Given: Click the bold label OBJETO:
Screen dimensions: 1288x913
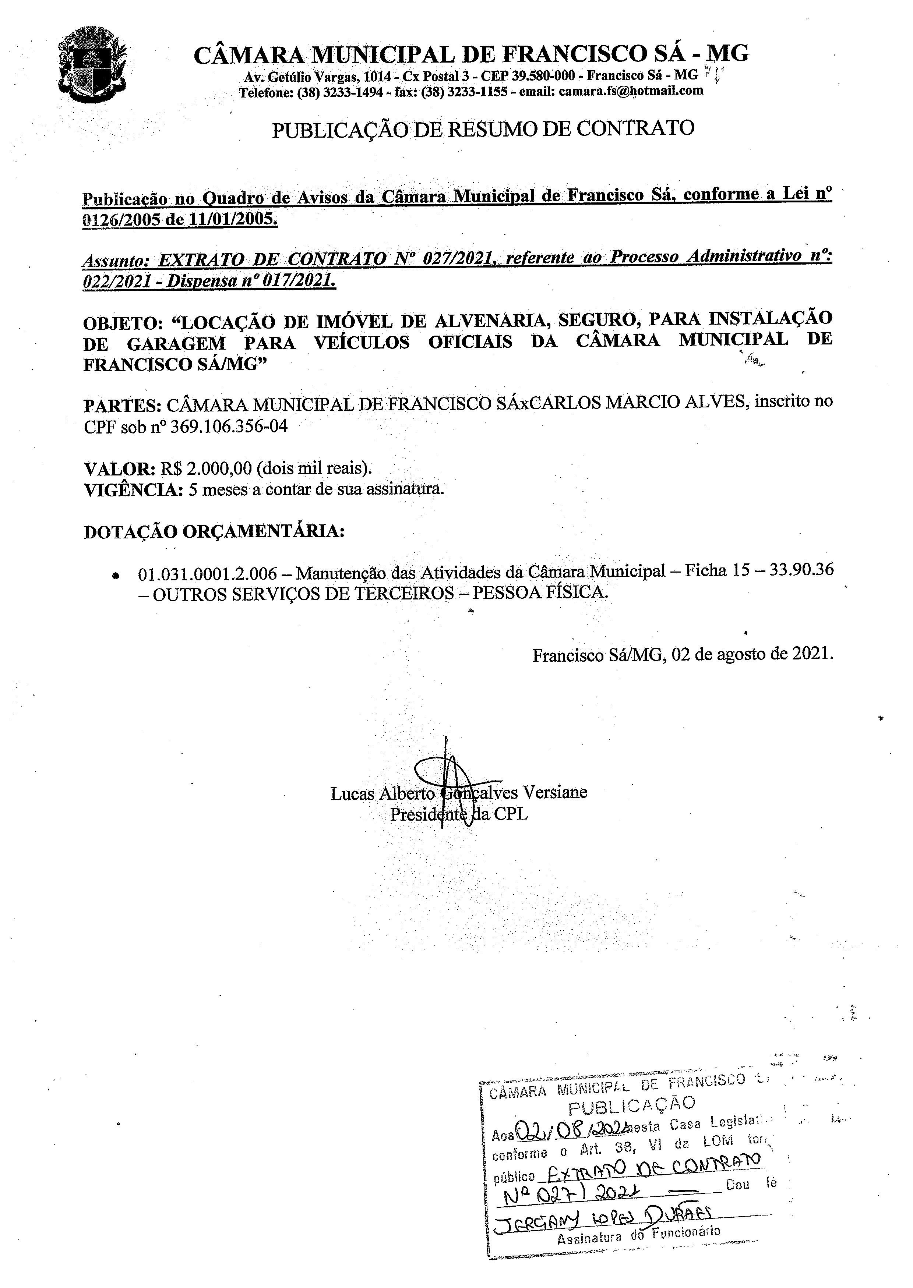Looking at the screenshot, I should [x=123, y=324].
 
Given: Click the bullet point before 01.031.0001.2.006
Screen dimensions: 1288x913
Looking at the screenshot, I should [x=116, y=576].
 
